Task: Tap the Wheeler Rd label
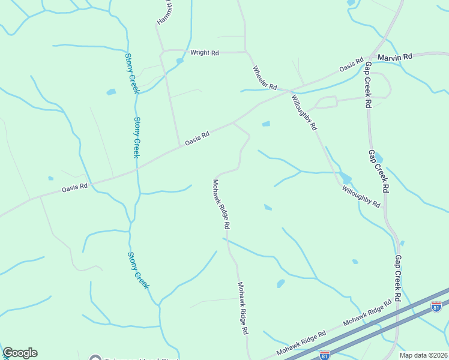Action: coord(265,78)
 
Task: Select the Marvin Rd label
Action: coord(399,56)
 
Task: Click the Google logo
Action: coord(20,353)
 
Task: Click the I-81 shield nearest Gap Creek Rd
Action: coord(436,307)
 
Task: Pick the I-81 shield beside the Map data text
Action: coord(324,355)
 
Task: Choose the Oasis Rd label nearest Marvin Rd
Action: coord(351,65)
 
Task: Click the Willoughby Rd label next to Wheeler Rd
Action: coord(304,113)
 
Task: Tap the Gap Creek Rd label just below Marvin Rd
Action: coord(368,84)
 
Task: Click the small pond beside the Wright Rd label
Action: coord(179,61)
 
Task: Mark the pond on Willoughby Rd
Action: coord(345,178)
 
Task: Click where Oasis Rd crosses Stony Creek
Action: coord(137,169)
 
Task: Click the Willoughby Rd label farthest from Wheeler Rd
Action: coord(361,197)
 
